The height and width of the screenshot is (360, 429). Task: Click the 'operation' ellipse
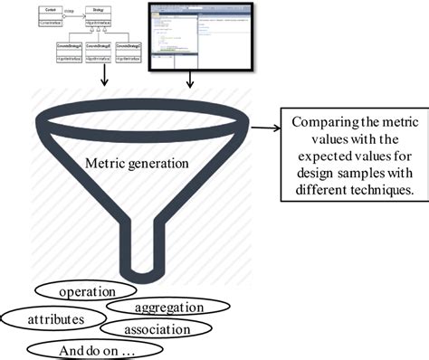coord(87,293)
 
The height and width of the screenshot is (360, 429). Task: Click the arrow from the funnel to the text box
coord(264,128)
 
